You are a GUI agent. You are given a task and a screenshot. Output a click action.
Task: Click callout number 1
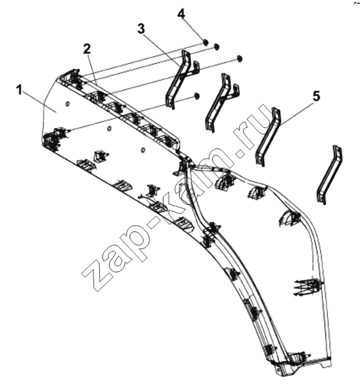19,89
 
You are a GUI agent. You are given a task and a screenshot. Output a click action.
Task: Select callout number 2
87,49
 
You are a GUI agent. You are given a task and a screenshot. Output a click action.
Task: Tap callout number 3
141,29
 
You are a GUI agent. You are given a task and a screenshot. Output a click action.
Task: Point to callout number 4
182,14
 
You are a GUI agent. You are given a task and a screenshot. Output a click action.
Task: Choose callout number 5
317,96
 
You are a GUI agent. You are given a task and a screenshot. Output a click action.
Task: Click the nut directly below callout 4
206,42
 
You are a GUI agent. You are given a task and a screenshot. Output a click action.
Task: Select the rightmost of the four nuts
240,58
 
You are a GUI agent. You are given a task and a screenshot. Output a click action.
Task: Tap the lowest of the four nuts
197,97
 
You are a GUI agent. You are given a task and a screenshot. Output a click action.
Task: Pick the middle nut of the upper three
217,47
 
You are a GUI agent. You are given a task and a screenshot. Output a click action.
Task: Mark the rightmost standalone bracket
330,174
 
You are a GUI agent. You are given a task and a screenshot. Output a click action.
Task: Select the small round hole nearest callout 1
67,103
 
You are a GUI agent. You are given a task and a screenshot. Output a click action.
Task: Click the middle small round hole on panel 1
108,128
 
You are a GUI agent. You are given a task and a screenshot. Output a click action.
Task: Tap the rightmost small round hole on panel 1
143,150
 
